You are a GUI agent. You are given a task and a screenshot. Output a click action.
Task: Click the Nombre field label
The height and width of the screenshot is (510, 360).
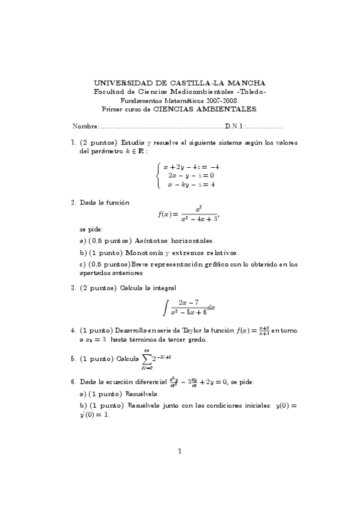(x=85, y=126)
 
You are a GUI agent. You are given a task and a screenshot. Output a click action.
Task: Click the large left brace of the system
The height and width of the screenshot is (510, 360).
(x=158, y=176)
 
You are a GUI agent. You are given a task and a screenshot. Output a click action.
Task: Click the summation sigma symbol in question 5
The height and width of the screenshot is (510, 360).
(x=148, y=359)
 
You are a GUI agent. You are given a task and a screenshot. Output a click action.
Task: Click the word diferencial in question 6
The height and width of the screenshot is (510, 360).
(x=136, y=381)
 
